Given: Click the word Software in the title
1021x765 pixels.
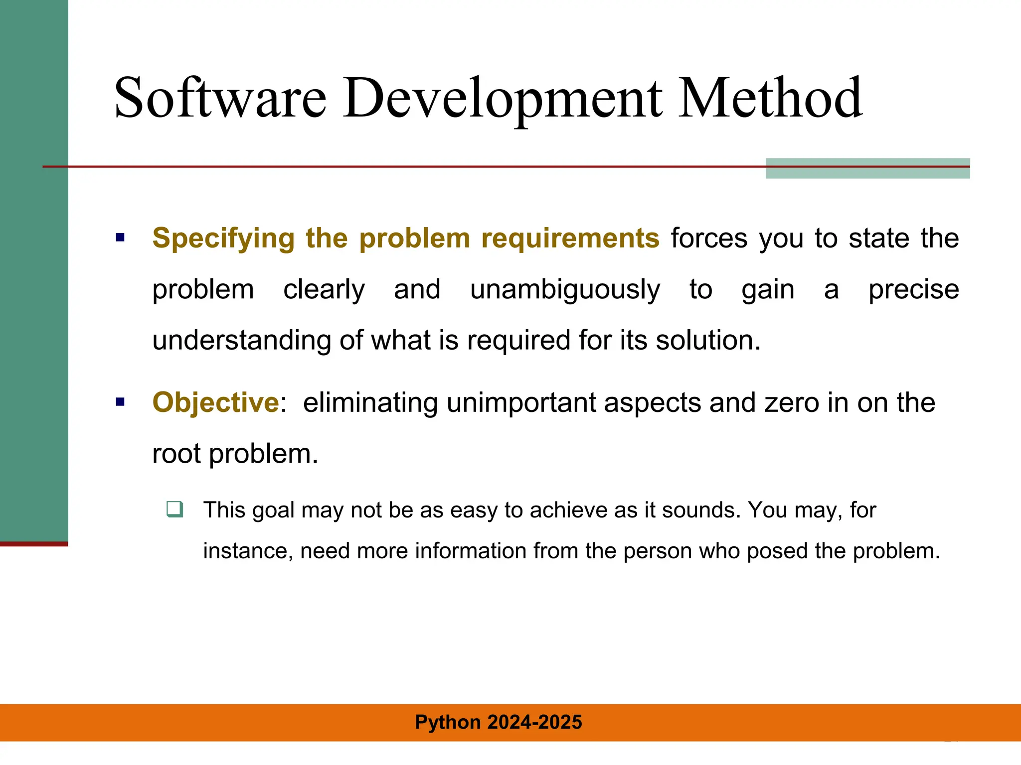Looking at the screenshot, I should click(x=220, y=98).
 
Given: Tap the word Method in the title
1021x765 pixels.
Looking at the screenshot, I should click(x=770, y=98).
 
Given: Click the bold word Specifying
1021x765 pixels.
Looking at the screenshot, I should click(x=223, y=238).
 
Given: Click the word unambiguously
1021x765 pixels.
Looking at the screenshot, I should click(x=565, y=290).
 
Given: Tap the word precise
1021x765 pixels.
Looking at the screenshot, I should click(x=913, y=290).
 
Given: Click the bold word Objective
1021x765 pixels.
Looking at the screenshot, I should click(x=215, y=402).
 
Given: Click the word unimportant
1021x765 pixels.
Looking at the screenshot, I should click(x=521, y=402).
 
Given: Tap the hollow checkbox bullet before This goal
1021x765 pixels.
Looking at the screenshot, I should click(x=175, y=509).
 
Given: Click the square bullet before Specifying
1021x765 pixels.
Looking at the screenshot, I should click(x=120, y=238).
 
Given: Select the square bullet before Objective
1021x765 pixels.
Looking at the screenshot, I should click(x=120, y=402).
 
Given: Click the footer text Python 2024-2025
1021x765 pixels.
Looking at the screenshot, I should click(x=499, y=722).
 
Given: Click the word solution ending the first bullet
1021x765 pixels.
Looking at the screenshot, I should click(x=707, y=341).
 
